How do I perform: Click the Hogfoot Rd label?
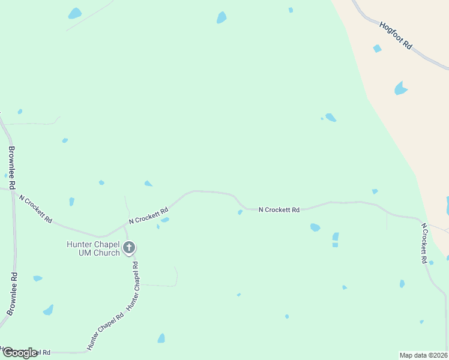396,36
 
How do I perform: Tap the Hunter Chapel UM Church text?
94,248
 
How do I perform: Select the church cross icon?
128,247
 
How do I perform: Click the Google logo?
20,353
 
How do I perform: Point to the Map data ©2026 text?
424,355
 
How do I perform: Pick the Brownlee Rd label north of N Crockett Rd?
12,167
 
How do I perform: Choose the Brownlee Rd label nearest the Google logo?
12,294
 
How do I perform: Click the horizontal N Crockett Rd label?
279,210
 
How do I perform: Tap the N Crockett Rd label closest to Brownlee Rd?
35,208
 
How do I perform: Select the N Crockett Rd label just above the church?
148,215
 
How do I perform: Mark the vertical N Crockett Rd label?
424,244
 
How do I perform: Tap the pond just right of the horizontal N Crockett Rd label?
315,227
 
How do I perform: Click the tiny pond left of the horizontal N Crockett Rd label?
240,212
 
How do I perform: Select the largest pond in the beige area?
400,89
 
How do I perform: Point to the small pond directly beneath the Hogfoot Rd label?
377,49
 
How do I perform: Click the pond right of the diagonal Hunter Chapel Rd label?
161,338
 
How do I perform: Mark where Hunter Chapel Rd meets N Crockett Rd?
124,226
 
